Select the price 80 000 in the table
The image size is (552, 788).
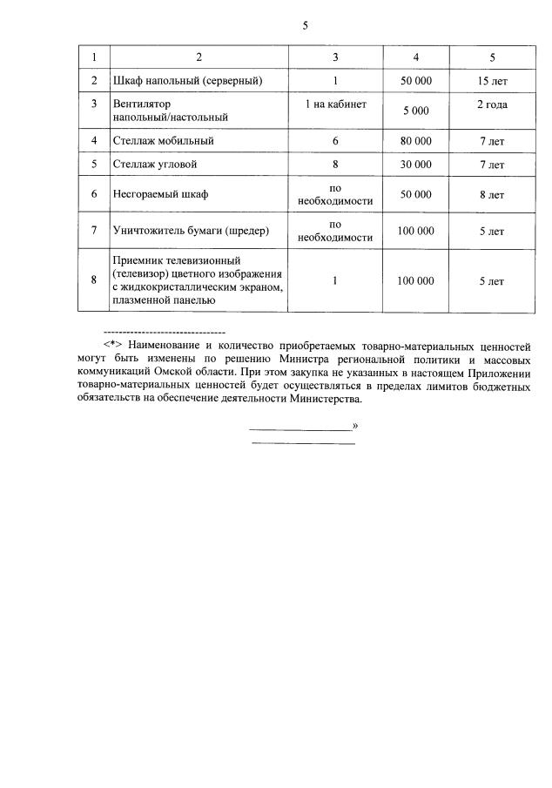(415, 140)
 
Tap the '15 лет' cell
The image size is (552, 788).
(492, 81)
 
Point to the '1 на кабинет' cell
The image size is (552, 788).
(335, 104)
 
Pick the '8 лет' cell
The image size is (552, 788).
(492, 195)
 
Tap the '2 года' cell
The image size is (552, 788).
(492, 104)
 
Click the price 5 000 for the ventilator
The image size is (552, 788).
(415, 111)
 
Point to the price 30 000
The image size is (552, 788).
(415, 164)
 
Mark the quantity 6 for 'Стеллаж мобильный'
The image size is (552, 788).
(335, 140)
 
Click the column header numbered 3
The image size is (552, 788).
(335, 57)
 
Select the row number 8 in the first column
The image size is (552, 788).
(93, 280)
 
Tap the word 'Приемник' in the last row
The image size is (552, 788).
(138, 260)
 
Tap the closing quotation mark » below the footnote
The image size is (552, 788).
(355, 426)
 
